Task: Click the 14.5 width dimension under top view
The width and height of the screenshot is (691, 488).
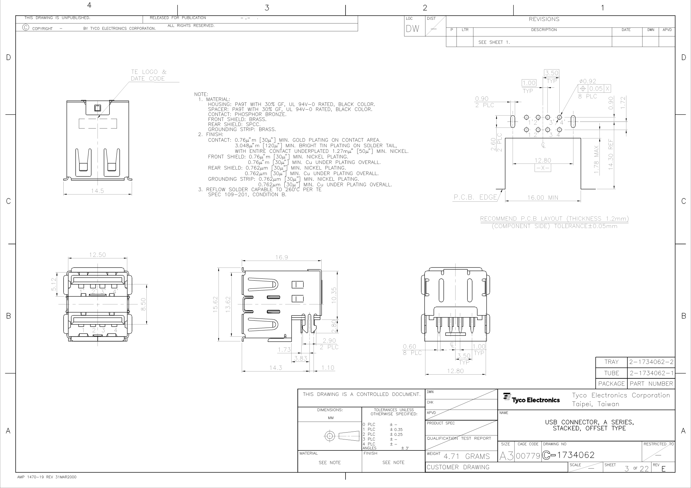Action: pos(98,191)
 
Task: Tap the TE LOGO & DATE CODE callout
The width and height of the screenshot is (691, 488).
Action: pos(149,75)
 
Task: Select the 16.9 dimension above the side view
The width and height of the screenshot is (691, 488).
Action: pos(282,257)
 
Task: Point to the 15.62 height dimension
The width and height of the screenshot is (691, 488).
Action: pos(215,304)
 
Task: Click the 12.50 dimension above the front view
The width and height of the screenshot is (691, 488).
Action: pos(98,255)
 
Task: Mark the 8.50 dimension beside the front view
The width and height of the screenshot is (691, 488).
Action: pos(143,304)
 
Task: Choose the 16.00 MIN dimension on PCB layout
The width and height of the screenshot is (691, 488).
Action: pos(543,198)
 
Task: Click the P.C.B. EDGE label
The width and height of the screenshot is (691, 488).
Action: pos(475,197)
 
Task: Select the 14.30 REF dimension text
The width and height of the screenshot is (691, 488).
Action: pos(610,154)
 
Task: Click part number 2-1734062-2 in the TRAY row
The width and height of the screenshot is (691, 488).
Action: pos(651,362)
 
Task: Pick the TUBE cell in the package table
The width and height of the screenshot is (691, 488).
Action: pos(611,373)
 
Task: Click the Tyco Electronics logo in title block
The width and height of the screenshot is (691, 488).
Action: pos(531,399)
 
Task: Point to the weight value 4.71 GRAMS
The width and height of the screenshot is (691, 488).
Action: pos(467,457)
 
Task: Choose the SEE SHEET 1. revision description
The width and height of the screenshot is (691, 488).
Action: pos(494,42)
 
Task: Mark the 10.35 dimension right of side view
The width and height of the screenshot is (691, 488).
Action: pos(334,295)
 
